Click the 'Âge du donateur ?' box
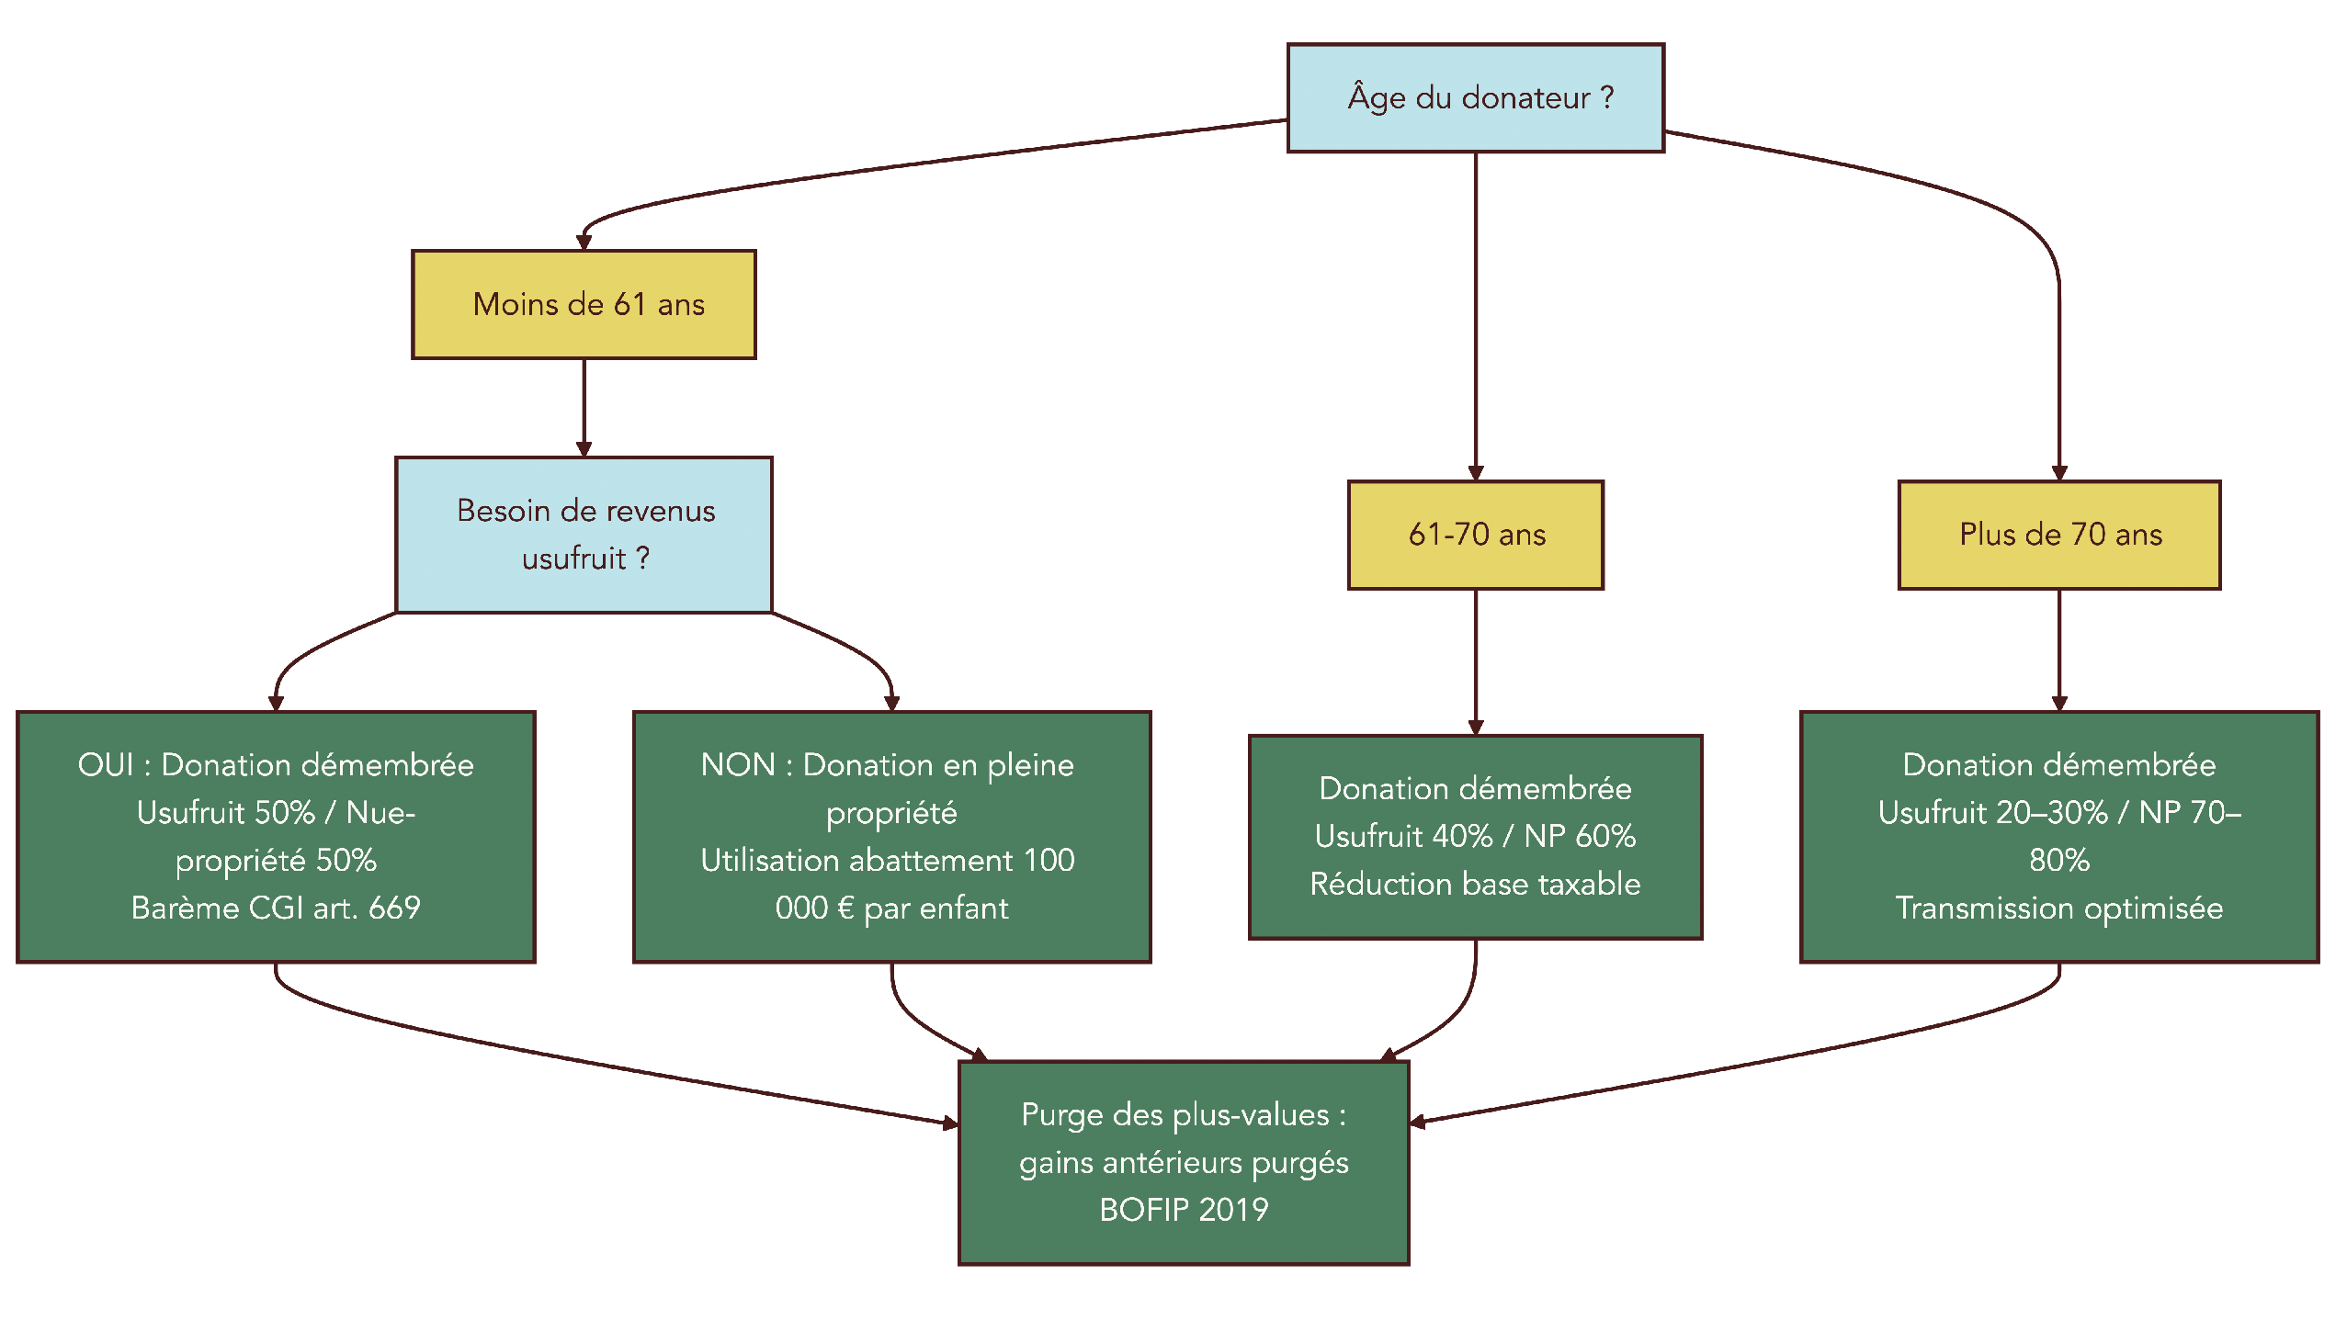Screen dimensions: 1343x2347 [1475, 97]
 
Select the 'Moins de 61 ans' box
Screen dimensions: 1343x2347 [583, 304]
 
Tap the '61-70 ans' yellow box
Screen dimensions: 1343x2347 [1475, 535]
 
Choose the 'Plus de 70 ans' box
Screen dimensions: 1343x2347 [2058, 535]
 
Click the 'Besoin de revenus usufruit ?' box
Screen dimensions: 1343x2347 [583, 535]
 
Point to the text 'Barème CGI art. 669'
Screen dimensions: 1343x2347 [275, 908]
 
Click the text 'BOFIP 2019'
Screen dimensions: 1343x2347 [1184, 1209]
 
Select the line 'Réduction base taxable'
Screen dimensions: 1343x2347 [1475, 885]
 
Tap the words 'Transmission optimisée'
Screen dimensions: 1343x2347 [2058, 908]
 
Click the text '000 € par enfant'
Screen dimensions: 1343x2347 [891, 908]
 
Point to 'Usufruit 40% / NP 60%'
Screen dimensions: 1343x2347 [1475, 837]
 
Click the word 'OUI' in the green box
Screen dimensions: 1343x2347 [105, 765]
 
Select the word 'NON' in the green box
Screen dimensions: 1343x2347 [737, 765]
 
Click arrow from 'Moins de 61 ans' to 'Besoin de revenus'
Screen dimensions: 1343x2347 [583, 406]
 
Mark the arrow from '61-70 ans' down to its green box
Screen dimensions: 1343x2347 [1475, 660]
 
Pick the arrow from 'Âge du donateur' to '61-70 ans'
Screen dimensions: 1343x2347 [1475, 313]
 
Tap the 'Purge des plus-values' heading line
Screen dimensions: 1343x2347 [1184, 1115]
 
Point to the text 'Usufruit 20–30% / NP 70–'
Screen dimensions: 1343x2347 [2058, 813]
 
